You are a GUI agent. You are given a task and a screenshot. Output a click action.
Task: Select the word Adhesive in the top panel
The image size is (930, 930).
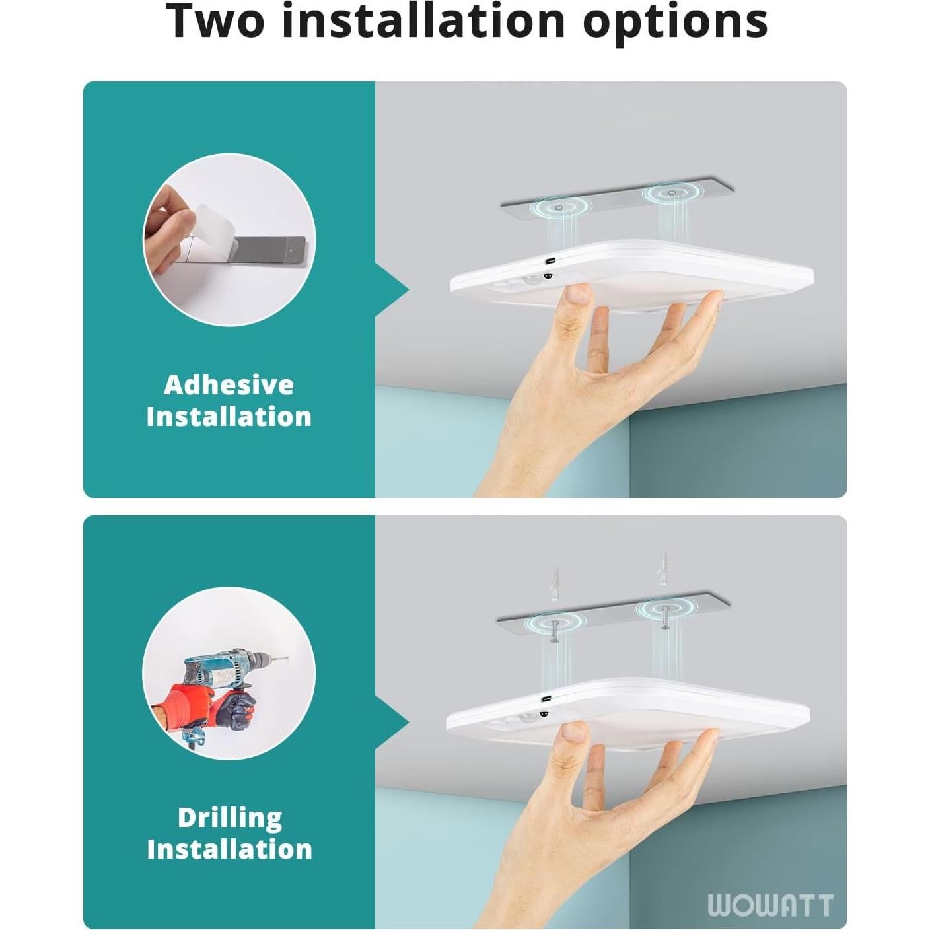coord(229,385)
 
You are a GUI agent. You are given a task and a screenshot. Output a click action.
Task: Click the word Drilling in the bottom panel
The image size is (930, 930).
coord(229,818)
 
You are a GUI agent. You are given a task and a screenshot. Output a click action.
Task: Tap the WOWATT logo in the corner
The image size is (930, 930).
coord(770,905)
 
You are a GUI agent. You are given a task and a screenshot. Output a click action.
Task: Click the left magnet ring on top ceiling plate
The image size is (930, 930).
coord(559,207)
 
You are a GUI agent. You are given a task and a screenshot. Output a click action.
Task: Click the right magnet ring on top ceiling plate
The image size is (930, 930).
coord(671,193)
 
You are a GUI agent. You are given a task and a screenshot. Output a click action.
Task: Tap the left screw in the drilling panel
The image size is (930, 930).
coord(554,631)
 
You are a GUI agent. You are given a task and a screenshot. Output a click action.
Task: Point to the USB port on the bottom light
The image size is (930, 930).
coord(547,698)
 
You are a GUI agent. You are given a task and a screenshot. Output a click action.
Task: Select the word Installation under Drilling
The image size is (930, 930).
coord(229,849)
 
